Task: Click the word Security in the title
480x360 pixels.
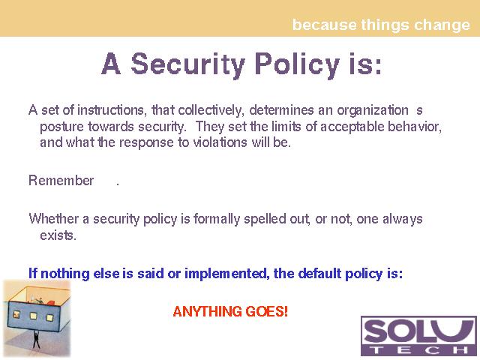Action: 188,64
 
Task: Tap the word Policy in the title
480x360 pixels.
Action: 297,64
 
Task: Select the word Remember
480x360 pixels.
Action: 61,180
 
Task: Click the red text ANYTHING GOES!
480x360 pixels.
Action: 230,311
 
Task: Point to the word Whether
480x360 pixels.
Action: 54,219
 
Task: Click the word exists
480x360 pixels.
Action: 58,235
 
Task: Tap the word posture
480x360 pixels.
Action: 61,127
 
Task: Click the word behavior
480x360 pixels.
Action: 415,127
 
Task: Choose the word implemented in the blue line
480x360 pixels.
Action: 226,273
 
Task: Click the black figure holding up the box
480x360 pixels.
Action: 37,339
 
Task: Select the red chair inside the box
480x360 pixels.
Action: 50,303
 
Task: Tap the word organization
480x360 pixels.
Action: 373,110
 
